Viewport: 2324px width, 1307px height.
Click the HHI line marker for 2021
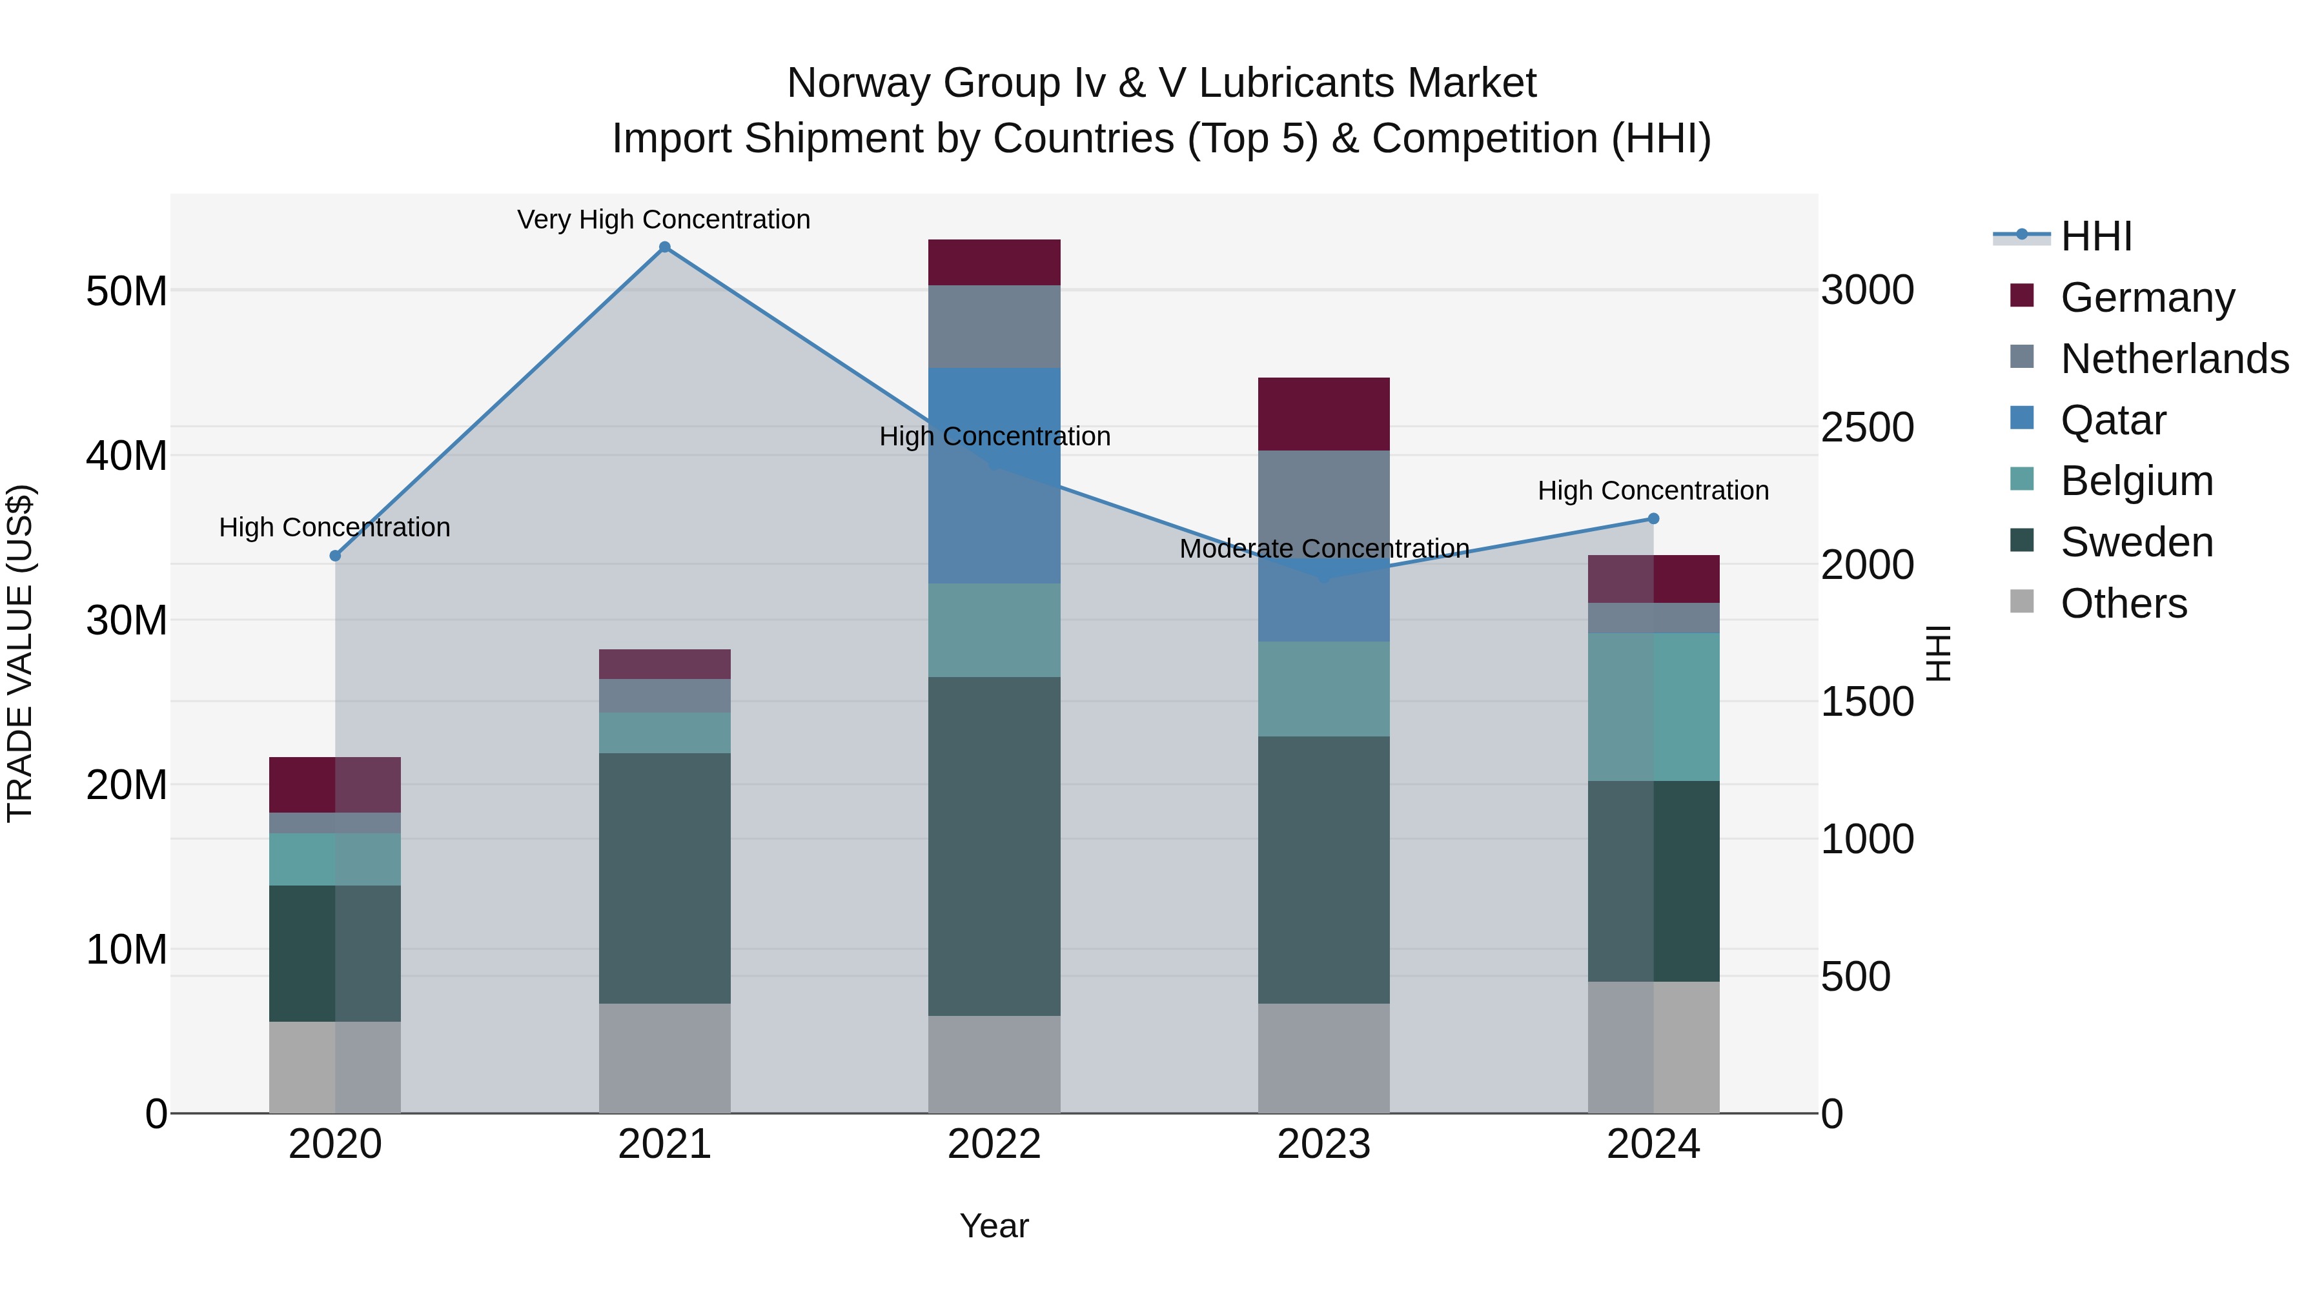[665, 247]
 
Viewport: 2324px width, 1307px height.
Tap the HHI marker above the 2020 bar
[336, 556]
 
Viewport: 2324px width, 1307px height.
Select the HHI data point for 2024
[1654, 519]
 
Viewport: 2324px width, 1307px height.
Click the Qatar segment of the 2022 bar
[994, 475]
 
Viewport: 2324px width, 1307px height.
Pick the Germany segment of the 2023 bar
[1323, 414]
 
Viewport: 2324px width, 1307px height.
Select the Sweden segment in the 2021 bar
[665, 878]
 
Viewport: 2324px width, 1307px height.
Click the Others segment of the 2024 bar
[1654, 1046]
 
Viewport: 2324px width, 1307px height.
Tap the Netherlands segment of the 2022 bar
[994, 327]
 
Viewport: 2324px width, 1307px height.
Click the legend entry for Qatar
[2113, 420]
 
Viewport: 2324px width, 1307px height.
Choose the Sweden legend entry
[2136, 542]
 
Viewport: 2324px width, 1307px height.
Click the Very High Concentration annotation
[664, 219]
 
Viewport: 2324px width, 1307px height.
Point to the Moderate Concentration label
[1323, 549]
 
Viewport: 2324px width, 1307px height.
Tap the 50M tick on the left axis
[127, 291]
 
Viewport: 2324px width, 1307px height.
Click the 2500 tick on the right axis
[1866, 427]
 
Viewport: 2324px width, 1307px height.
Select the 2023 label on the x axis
[1323, 1144]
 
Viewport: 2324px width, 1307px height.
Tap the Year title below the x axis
[994, 1226]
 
